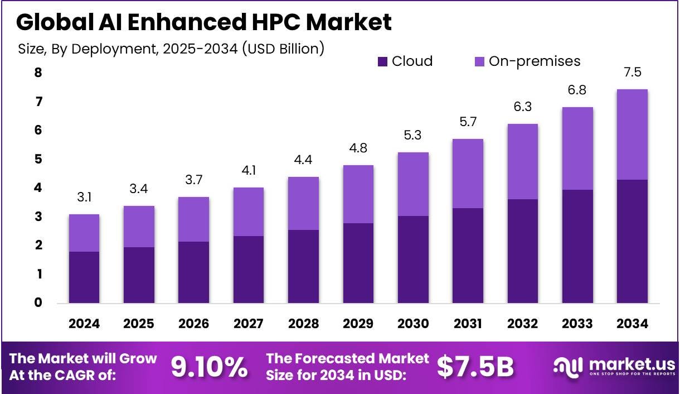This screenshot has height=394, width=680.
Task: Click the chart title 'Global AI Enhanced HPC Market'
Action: click(x=203, y=22)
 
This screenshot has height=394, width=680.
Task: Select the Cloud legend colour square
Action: click(x=382, y=61)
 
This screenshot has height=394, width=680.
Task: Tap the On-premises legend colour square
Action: click(x=479, y=61)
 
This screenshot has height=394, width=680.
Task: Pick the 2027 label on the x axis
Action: click(x=248, y=324)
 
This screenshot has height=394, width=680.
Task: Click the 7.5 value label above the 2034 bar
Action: click(x=632, y=73)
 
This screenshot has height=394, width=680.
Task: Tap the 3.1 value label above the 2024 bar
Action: click(x=84, y=198)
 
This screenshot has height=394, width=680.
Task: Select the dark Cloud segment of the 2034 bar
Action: click(x=632, y=241)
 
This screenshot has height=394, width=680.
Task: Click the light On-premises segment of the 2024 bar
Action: click(x=84, y=233)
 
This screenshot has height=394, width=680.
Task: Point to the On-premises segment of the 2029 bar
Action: click(x=358, y=194)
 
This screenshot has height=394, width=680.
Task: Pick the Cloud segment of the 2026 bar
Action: click(x=193, y=272)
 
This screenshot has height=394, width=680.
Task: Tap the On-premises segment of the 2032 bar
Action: click(x=522, y=161)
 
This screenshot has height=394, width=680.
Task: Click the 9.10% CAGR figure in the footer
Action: click(x=209, y=367)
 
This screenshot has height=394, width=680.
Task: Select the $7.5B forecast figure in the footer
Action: click(x=475, y=367)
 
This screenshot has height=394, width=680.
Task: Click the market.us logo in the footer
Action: click(x=613, y=367)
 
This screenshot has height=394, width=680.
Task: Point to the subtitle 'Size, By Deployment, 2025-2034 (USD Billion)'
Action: click(x=171, y=49)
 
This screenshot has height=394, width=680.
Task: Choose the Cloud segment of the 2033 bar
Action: click(x=577, y=246)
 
